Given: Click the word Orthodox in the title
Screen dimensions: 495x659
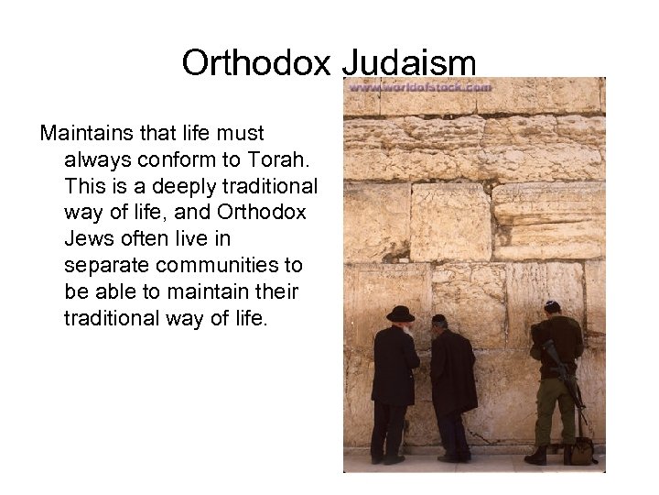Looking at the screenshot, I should pyautogui.click(x=256, y=62).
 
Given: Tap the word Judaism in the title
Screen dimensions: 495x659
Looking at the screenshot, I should pyautogui.click(x=409, y=62).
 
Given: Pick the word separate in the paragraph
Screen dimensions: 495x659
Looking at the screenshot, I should pyautogui.click(x=104, y=266).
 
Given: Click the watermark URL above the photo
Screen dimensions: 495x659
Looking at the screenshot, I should pyautogui.click(x=419, y=87).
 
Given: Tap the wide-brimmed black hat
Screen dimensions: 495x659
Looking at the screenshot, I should pyautogui.click(x=399, y=314).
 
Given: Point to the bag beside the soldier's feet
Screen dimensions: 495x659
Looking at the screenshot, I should pyautogui.click(x=580, y=450).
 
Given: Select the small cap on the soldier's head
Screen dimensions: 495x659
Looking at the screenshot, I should pyautogui.click(x=552, y=305).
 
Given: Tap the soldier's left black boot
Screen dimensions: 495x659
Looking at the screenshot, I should pyautogui.click(x=537, y=454).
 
